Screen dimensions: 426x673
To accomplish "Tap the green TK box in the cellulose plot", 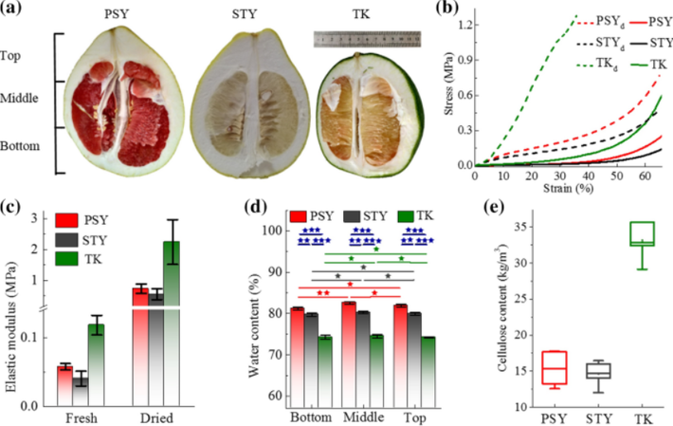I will [x=645, y=233].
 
